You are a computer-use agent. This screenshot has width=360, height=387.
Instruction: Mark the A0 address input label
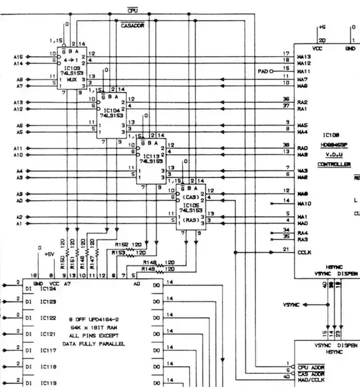tap(19, 200)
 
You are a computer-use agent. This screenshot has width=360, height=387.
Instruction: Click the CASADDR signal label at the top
tap(133, 25)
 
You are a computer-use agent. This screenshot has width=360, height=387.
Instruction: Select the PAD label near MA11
tap(263, 70)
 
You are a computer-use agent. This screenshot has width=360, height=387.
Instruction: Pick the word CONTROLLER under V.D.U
tap(334, 163)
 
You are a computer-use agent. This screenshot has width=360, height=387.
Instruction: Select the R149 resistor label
tap(150, 269)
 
